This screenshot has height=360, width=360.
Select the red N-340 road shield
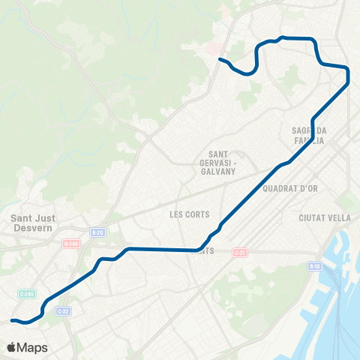[71, 244]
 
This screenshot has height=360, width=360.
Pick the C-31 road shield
[239, 252]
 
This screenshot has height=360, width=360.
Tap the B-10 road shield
[315, 265]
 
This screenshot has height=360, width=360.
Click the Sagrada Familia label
[308, 135]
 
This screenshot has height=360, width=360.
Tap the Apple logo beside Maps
[12, 347]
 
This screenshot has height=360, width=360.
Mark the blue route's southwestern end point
[11, 320]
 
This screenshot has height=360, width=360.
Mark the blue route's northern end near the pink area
[219, 59]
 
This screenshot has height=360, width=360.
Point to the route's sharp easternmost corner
[349, 82]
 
